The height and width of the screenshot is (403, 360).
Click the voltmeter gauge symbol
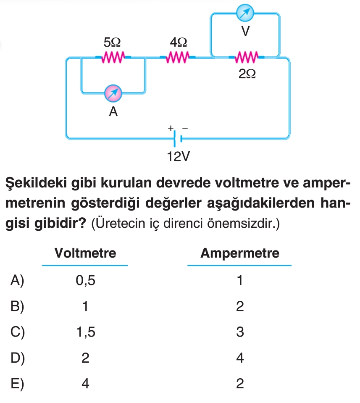pyautogui.click(x=245, y=13)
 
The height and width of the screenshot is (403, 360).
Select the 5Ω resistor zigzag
pyautogui.click(x=113, y=57)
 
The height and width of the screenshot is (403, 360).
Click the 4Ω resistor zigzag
pyautogui.click(x=179, y=57)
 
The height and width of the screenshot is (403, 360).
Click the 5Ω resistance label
pyautogui.click(x=112, y=42)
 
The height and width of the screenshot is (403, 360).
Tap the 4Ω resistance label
pyautogui.click(x=179, y=42)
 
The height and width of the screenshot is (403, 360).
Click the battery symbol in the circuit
pyautogui.click(x=177, y=137)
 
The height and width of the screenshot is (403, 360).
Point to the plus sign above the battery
pyautogui.click(x=171, y=127)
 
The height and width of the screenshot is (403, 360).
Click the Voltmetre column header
pyautogui.click(x=85, y=253)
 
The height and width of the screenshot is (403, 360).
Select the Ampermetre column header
pyautogui.click(x=240, y=253)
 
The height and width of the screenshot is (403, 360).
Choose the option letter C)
pyautogui.click(x=18, y=332)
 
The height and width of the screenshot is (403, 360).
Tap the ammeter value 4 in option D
pyautogui.click(x=240, y=358)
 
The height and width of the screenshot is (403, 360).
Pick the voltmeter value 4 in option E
pyautogui.click(x=85, y=384)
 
